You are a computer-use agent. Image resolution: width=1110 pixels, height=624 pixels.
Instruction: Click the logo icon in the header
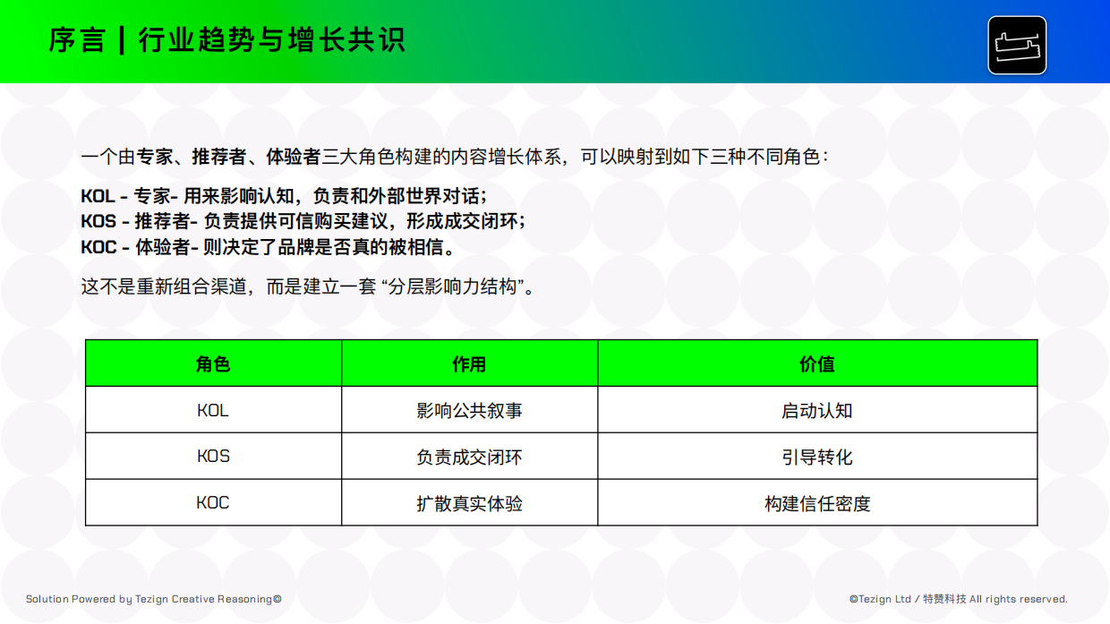pyautogui.click(x=1017, y=45)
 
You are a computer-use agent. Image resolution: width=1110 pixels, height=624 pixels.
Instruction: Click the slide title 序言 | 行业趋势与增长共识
pyautogui.click(x=227, y=40)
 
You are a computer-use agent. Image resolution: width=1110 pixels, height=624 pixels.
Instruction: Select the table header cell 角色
pyautogui.click(x=213, y=363)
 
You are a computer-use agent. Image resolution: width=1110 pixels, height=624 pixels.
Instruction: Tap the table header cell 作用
pyautogui.click(x=469, y=363)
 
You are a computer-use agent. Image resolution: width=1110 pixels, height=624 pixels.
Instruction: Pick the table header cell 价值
pyautogui.click(x=817, y=363)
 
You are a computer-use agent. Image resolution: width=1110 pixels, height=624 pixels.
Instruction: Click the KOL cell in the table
pyautogui.click(x=213, y=411)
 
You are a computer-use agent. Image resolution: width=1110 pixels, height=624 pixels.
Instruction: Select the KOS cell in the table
pyautogui.click(x=213, y=457)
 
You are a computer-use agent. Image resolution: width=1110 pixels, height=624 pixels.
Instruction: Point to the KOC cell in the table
pyautogui.click(x=213, y=503)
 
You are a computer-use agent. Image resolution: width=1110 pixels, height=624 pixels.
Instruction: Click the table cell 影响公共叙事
pyautogui.click(x=469, y=411)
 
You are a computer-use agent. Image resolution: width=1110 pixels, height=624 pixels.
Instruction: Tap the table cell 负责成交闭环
pyautogui.click(x=469, y=457)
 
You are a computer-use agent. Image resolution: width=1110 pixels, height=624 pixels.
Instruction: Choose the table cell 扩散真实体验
pyautogui.click(x=469, y=504)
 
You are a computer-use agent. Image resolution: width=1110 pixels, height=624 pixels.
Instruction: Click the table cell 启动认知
pyautogui.click(x=817, y=411)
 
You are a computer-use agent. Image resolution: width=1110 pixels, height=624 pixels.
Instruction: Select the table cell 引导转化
pyautogui.click(x=817, y=457)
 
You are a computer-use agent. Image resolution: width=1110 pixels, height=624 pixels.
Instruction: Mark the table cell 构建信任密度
pyautogui.click(x=817, y=504)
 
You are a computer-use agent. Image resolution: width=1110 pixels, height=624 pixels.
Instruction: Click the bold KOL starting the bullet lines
pyautogui.click(x=98, y=196)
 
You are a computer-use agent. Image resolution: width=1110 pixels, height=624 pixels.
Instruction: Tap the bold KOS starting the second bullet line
pyautogui.click(x=98, y=221)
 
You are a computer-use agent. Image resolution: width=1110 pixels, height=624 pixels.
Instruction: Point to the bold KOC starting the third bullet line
pyautogui.click(x=98, y=246)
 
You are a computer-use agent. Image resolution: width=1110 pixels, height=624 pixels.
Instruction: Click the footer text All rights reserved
pyautogui.click(x=1019, y=599)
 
